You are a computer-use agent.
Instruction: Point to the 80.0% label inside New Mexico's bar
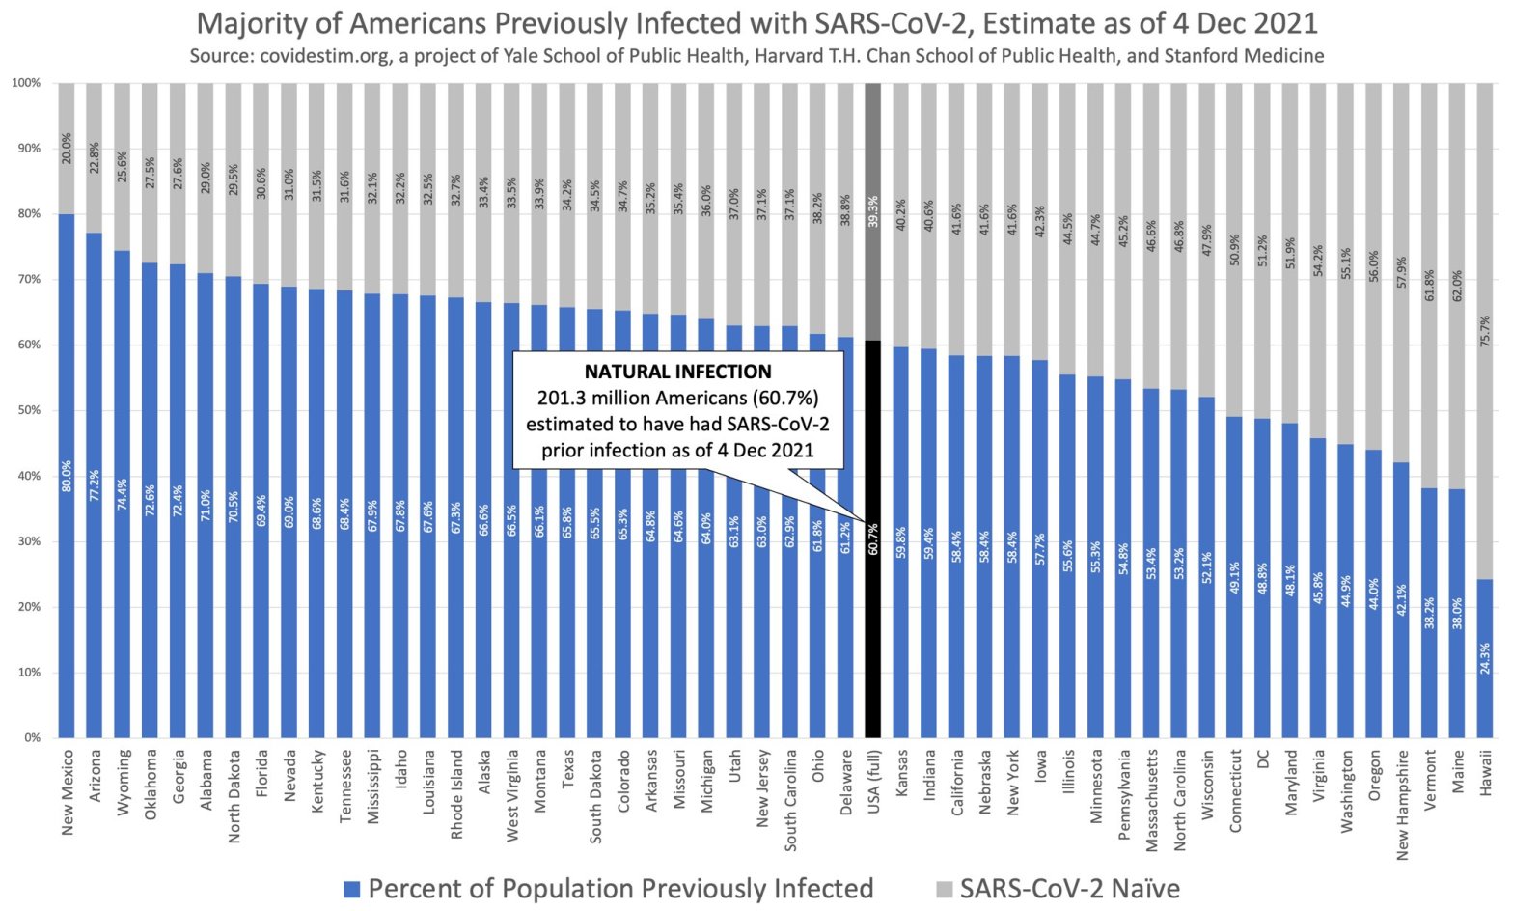click(x=67, y=476)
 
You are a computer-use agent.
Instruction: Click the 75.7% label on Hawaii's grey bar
click(x=1485, y=331)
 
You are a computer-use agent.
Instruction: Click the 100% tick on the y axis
click(x=26, y=83)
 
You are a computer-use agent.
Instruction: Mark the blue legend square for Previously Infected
click(x=352, y=889)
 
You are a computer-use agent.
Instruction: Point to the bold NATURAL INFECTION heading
click(x=677, y=372)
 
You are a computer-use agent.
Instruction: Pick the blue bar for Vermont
click(x=1429, y=618)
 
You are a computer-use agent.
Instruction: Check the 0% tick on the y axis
click(x=33, y=737)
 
